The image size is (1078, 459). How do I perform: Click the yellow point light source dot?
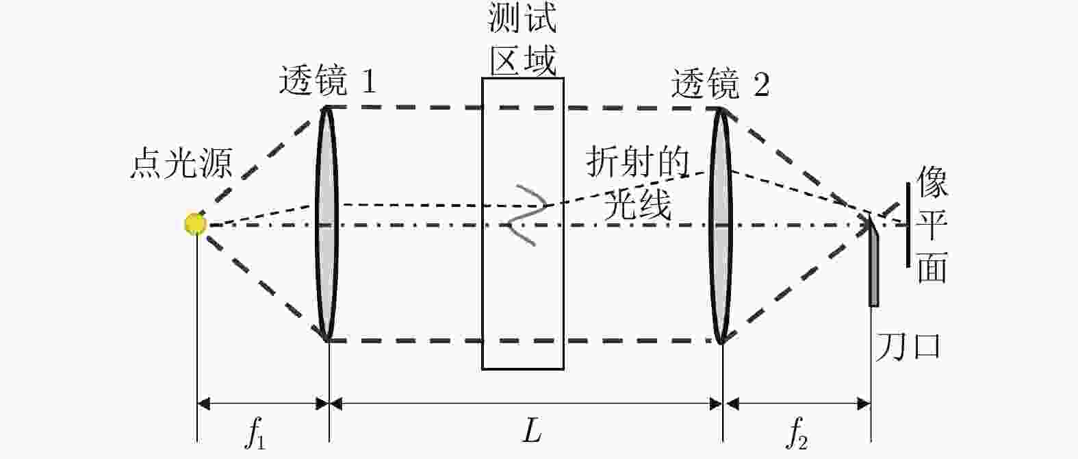pyautogui.click(x=195, y=224)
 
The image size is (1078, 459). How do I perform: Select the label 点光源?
pyautogui.click(x=181, y=164)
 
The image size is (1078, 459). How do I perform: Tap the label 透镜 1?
pyautogui.click(x=327, y=84)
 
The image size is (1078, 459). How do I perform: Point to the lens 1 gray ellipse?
pyautogui.click(x=327, y=223)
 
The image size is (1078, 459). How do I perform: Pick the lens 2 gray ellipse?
pyautogui.click(x=721, y=223)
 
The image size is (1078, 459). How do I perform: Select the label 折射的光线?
pyautogui.click(x=637, y=184)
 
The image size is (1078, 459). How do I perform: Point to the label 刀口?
pyautogui.click(x=908, y=347)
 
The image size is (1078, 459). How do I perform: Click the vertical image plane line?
pyautogui.click(x=909, y=224)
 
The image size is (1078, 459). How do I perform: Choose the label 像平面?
pyautogui.click(x=932, y=224)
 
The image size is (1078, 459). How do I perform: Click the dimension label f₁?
pyautogui.click(x=255, y=434)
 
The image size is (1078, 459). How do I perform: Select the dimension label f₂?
pyautogui.click(x=795, y=434)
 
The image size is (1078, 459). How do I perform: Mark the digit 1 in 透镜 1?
pyautogui.click(x=368, y=84)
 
